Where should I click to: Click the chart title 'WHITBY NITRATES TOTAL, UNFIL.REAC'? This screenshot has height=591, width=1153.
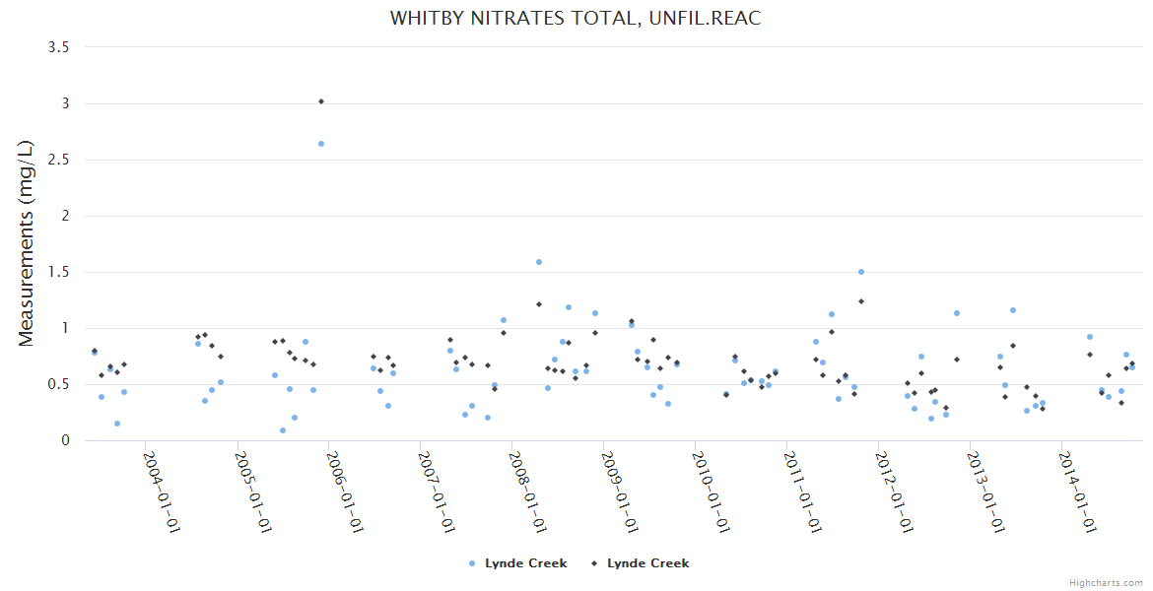576,19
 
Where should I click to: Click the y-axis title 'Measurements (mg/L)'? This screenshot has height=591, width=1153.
27,243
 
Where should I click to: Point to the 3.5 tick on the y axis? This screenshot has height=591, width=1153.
58,47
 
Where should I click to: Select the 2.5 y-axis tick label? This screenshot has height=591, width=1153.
58,160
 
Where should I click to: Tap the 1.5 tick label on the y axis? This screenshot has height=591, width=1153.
58,272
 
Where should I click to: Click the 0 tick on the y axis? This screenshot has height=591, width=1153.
65,440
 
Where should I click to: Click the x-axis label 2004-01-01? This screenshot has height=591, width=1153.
162,492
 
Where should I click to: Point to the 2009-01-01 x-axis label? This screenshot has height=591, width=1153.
620,492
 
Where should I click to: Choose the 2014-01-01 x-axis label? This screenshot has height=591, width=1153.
1078,492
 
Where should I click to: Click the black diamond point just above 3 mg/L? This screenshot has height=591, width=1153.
321,101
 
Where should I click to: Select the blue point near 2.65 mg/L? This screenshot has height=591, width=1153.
321,144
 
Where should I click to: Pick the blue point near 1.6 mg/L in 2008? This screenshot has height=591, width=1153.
539,262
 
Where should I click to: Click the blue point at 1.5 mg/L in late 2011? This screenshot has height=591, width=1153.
861,272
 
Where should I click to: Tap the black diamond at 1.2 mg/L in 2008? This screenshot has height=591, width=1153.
539,304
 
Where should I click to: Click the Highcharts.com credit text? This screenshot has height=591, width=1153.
1106,582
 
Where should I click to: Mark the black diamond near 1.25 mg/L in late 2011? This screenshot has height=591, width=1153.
861,301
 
